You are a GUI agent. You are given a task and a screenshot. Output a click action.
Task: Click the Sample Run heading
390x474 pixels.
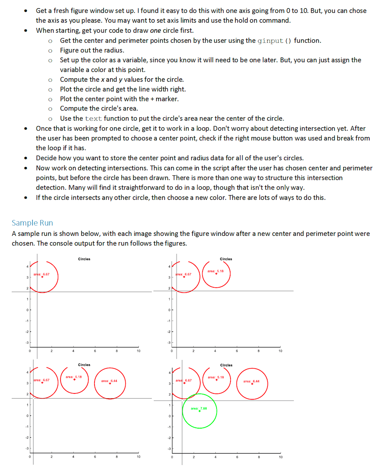32,223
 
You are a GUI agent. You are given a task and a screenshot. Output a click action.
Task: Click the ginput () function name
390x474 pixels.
274,41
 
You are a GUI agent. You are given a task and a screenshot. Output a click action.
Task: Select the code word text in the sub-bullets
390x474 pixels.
94,118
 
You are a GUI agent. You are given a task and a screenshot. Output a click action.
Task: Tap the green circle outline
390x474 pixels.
217,411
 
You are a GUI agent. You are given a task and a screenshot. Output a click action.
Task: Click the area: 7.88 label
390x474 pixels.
199,408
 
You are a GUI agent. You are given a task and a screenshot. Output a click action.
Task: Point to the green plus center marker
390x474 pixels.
199,411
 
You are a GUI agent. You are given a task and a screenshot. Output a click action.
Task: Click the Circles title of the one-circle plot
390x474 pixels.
84,259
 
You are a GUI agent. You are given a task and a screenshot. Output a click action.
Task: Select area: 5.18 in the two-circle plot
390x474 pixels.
216,271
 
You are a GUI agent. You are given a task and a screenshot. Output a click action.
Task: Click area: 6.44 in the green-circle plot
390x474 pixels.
251,381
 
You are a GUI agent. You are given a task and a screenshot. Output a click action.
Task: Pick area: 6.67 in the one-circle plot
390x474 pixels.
41,274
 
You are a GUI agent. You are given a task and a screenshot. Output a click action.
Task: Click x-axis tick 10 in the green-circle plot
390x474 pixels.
280,457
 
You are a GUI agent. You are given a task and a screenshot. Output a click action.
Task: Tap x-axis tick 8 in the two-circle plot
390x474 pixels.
258,351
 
